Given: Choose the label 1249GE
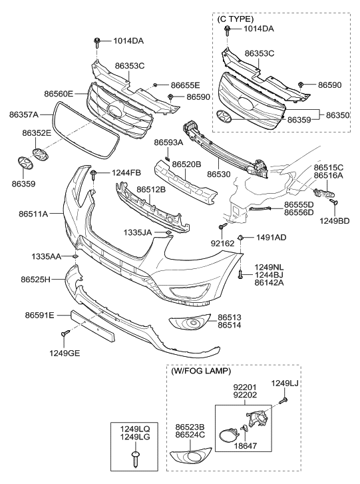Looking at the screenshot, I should click(x=64, y=353).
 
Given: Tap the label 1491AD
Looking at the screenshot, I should click(x=271, y=238).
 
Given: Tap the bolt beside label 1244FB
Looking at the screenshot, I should click(x=94, y=175).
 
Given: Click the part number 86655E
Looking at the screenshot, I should click(x=185, y=85).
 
